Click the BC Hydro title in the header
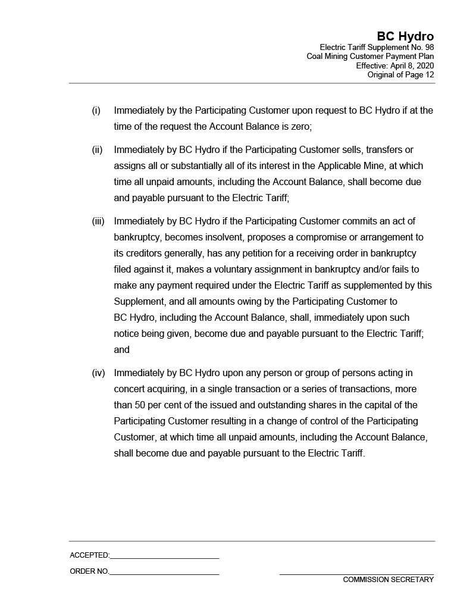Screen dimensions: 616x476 (x=405, y=37)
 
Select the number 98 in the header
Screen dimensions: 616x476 (x=428, y=47)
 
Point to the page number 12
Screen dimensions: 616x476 (x=428, y=75)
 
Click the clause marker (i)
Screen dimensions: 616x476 (x=96, y=111)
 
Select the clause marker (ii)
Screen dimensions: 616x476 (x=97, y=150)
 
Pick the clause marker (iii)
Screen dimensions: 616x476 (x=98, y=221)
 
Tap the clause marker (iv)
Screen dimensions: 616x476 (x=98, y=373)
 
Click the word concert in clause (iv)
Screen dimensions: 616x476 (x=130, y=389)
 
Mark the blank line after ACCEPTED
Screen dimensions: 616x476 (x=164, y=558)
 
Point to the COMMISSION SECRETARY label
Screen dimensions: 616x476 (x=388, y=580)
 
